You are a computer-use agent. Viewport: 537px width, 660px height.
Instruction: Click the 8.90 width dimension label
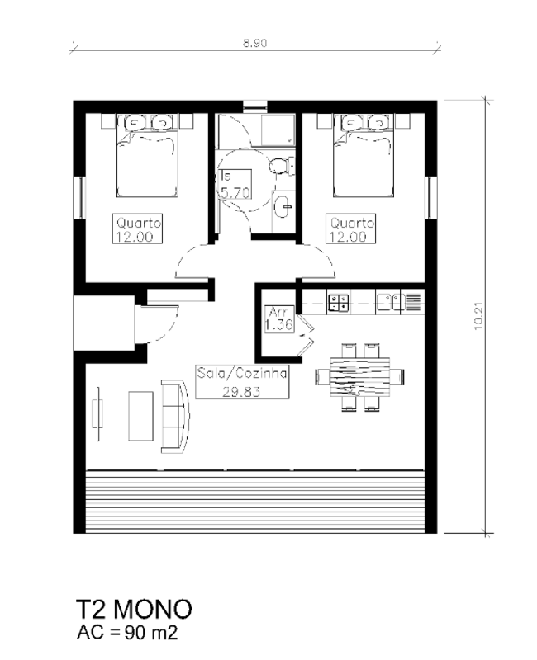point(254,43)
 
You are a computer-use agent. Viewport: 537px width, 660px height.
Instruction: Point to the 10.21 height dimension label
point(479,317)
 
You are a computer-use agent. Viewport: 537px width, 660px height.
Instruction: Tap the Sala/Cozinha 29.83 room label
point(242,382)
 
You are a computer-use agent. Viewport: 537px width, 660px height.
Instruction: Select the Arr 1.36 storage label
point(279,319)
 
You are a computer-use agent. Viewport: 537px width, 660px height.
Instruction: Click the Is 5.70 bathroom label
point(235,184)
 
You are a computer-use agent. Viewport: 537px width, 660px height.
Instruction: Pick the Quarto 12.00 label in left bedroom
point(138,229)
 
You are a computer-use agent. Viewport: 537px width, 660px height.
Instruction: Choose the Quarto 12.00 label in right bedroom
point(351,229)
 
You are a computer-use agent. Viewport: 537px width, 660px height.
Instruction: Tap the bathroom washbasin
point(283,206)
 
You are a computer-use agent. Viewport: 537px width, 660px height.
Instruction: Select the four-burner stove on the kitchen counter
point(339,303)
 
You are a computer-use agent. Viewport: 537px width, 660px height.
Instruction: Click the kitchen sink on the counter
point(391,302)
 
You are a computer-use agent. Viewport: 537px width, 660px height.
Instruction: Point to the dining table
point(360,377)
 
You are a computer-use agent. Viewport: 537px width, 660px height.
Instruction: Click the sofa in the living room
point(175,417)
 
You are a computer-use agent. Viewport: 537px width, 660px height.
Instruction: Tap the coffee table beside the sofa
point(140,416)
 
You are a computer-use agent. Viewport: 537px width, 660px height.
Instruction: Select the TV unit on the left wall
point(97,414)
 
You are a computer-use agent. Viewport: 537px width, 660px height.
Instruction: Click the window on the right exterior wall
point(430,197)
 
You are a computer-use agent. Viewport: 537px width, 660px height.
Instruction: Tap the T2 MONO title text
point(134,609)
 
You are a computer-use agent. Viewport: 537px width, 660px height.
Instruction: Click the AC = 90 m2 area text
point(127,633)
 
